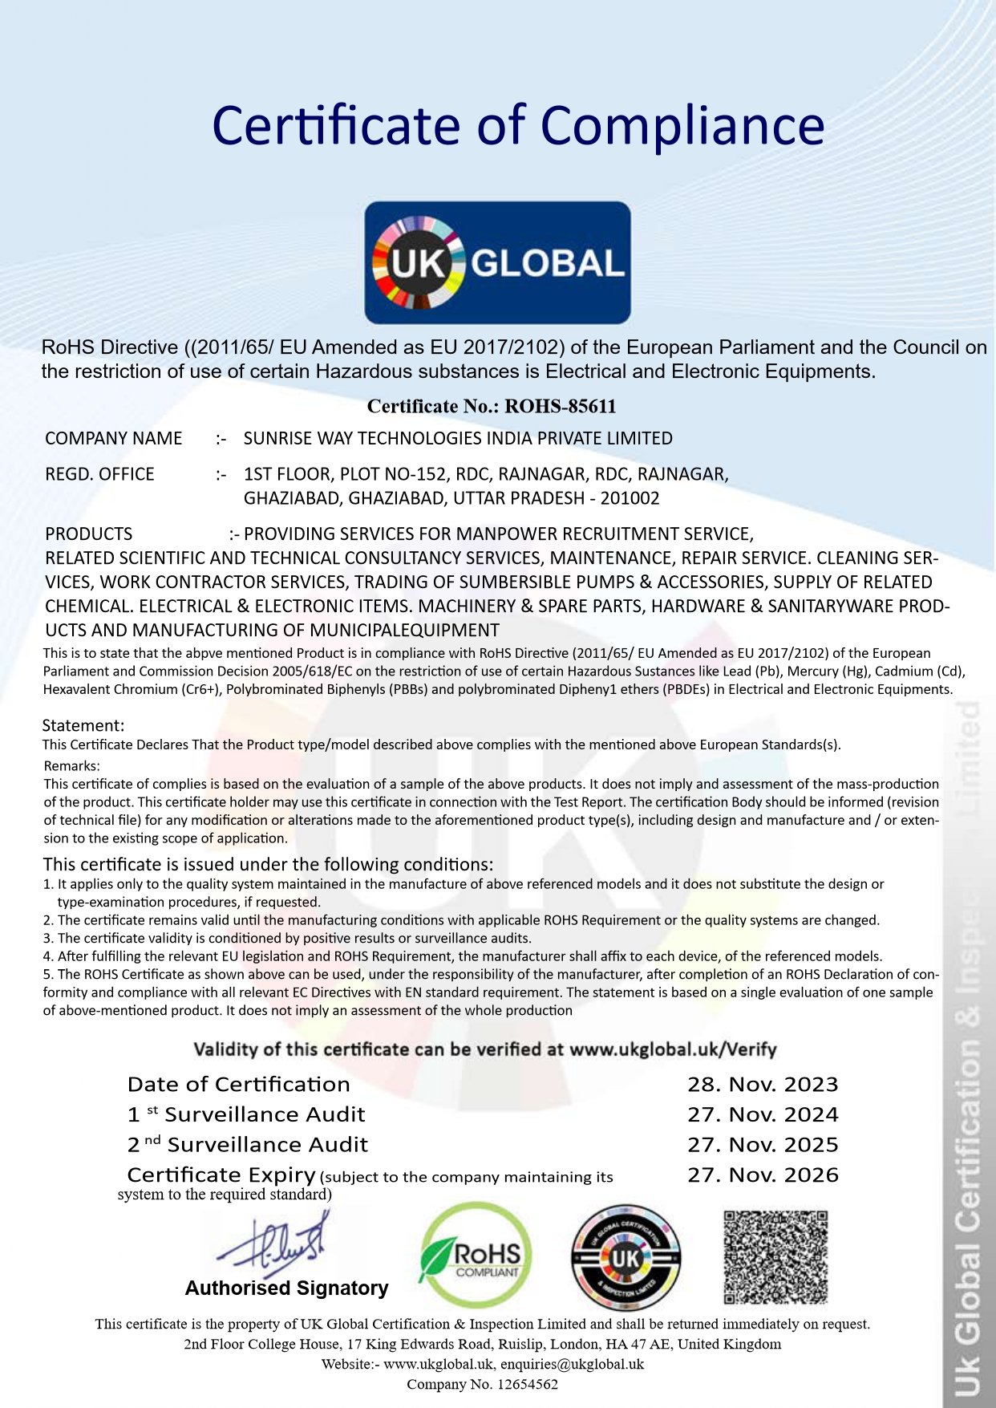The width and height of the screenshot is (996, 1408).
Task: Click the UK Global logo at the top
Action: tap(497, 262)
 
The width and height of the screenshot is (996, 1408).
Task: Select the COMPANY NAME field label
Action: tap(114, 439)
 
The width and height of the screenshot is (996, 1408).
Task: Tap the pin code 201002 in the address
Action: tap(630, 498)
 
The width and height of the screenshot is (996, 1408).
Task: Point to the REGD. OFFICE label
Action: tap(99, 474)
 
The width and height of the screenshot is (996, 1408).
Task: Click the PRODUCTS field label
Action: tap(89, 534)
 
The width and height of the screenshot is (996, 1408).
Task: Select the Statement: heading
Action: tap(83, 725)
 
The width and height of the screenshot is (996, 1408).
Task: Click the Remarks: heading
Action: tap(72, 765)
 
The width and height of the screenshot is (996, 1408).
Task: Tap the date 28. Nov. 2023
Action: tap(762, 1085)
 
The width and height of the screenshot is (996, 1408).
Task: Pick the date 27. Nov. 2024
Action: tap(762, 1114)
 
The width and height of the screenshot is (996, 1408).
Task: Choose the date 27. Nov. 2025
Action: tap(762, 1145)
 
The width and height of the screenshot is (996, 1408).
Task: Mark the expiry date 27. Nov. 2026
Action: tap(762, 1175)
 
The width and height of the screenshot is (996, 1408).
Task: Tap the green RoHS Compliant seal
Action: tap(476, 1256)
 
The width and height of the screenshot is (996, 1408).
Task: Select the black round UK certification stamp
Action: tap(626, 1257)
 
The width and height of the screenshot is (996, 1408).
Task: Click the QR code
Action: tap(775, 1257)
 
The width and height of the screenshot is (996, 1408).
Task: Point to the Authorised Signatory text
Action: tap(286, 1288)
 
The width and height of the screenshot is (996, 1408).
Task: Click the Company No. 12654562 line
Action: tap(482, 1384)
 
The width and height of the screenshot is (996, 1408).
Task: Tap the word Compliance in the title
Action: tap(682, 126)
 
